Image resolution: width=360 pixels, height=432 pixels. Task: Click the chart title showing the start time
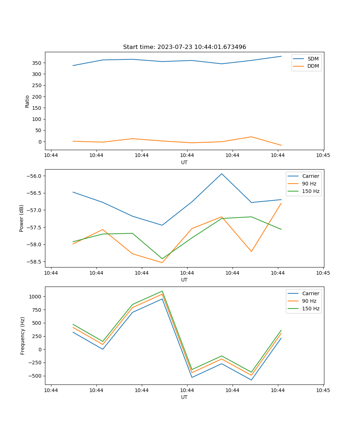(184, 47)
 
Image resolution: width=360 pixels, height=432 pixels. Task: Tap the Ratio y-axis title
(27, 101)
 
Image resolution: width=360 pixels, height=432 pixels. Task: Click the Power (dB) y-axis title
(22, 218)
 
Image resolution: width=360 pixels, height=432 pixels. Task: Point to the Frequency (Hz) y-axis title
(23, 336)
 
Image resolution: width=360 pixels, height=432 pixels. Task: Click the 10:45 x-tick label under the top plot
(323, 156)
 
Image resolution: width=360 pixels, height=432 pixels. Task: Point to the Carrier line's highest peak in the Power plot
(222, 174)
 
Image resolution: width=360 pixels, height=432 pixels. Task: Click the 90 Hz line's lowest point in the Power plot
(162, 262)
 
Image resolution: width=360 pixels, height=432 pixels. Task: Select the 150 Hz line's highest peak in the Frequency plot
(162, 291)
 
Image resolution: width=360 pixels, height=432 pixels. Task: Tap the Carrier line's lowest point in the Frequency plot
(251, 380)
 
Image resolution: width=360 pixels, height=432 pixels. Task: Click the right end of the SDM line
(281, 56)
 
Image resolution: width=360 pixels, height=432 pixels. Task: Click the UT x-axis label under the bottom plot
(184, 397)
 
